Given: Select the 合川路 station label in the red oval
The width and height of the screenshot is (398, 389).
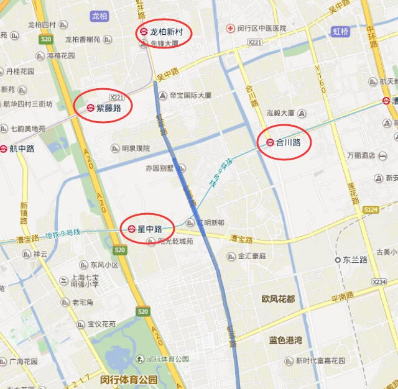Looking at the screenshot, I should (289, 142).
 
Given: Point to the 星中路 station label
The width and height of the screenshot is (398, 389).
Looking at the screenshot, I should (149, 229).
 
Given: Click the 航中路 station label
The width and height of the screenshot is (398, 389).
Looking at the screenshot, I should (22, 149).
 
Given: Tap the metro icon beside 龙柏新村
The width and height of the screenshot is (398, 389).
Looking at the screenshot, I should (143, 31).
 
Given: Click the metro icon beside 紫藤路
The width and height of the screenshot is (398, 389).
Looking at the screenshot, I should (90, 108).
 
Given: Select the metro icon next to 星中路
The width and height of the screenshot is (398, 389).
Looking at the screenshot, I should (132, 229).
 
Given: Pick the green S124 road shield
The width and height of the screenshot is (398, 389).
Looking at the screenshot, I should (371, 210).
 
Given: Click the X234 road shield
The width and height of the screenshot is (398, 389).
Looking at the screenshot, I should (379, 282).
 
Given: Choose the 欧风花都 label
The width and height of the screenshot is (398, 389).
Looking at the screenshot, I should (278, 299).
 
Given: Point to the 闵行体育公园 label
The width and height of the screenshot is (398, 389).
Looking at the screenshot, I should (129, 379).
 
